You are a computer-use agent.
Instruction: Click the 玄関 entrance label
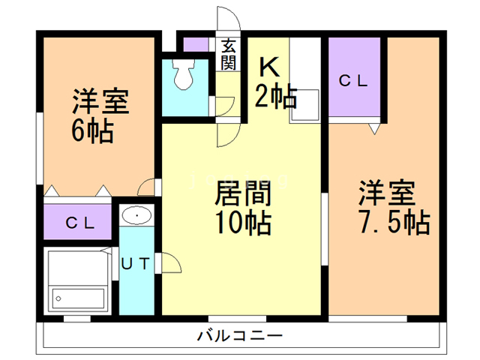click(228, 54)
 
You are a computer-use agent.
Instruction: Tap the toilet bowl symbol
click(182, 73)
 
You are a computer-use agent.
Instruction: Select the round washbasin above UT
click(136, 216)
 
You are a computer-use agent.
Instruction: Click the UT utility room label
click(136, 263)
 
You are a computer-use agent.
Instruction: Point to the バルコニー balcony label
click(240, 334)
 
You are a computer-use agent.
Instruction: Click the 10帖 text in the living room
click(242, 223)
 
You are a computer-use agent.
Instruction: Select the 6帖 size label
click(91, 132)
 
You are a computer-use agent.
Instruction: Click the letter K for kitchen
click(269, 67)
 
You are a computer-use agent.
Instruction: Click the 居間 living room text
click(242, 193)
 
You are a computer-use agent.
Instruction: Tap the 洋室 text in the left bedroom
click(100, 102)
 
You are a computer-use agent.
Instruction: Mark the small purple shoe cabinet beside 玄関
click(197, 44)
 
